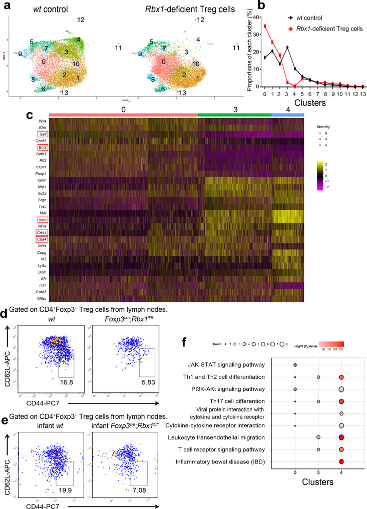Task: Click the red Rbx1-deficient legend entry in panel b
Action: pos(311,29)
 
